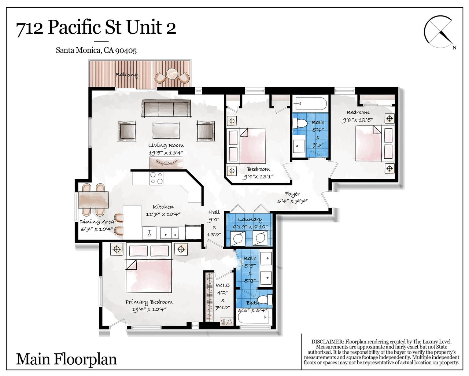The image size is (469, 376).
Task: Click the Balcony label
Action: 127,75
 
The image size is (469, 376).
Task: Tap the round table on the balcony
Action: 172,74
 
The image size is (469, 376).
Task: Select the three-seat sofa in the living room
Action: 166,109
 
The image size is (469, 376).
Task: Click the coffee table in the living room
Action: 166,130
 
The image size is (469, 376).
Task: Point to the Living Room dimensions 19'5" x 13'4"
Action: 166,153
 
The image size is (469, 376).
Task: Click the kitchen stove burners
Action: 156,178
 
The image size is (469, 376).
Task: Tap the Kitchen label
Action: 163,207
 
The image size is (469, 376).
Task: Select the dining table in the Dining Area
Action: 93,200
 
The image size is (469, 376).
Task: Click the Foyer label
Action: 292,194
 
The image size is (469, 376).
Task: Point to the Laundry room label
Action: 250,219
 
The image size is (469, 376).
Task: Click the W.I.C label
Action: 222,285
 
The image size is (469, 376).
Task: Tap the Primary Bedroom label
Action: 149,302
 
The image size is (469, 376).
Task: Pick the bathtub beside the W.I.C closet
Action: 254,318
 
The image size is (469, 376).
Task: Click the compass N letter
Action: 454,48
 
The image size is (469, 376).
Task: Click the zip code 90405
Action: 126,51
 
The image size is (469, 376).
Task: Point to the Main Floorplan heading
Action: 66,359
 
